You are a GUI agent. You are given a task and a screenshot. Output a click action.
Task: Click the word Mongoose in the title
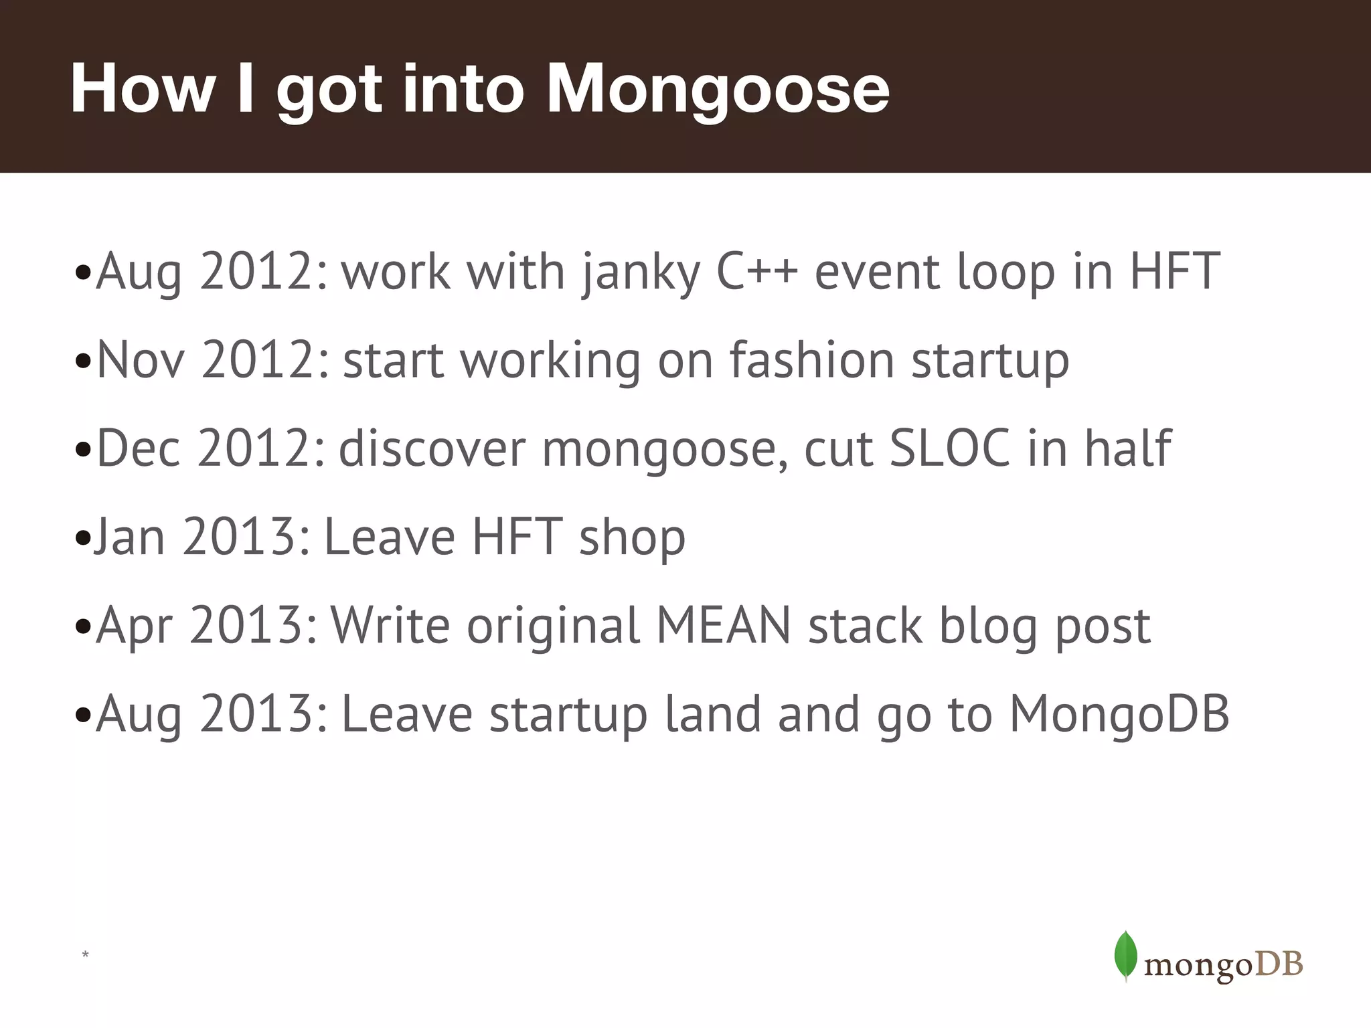click(x=718, y=90)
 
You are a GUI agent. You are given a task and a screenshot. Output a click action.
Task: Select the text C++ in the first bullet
click(x=756, y=272)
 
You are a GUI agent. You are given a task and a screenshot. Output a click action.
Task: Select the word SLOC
click(x=949, y=448)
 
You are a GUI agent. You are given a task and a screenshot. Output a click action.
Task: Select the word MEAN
click(x=724, y=626)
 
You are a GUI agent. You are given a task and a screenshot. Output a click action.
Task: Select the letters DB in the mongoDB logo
click(x=1278, y=964)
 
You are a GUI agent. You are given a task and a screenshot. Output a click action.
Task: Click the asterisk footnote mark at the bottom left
click(x=85, y=954)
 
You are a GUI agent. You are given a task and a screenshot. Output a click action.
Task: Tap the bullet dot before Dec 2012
click(x=83, y=450)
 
